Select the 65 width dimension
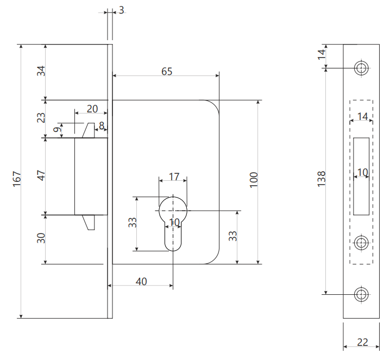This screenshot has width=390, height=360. [167, 72]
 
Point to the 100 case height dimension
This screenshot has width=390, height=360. [254, 179]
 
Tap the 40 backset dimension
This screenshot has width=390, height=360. [141, 281]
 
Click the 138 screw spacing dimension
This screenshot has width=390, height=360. [321, 179]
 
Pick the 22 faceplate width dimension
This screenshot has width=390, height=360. [362, 342]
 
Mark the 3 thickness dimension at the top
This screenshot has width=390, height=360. [121, 10]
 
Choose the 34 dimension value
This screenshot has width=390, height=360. [41, 71]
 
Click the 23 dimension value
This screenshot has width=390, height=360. [41, 118]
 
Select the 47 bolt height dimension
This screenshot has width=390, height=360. [41, 175]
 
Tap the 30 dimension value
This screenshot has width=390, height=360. [41, 238]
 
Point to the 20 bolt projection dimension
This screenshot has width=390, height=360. [92, 109]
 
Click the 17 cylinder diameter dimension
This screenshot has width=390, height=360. [174, 176]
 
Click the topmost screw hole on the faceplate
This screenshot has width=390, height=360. [361, 68]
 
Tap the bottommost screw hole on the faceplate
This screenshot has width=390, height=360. [361, 294]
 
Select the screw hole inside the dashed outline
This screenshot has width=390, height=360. [361, 242]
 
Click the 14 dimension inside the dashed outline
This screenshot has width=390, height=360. [363, 116]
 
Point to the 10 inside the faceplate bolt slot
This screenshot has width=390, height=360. [362, 173]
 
